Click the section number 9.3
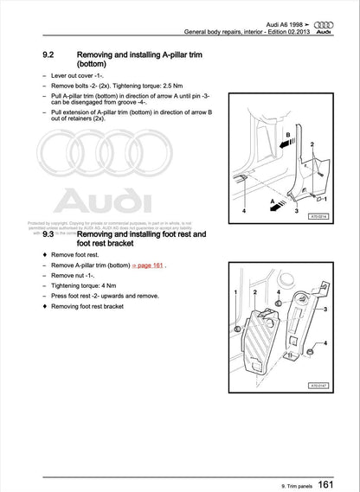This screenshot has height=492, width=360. [x=50, y=233]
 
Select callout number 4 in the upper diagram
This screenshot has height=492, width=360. [x=244, y=210]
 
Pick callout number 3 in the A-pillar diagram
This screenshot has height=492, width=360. [x=296, y=210]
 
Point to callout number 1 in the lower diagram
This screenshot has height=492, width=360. [x=235, y=294]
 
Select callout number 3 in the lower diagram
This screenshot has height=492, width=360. [x=324, y=308]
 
